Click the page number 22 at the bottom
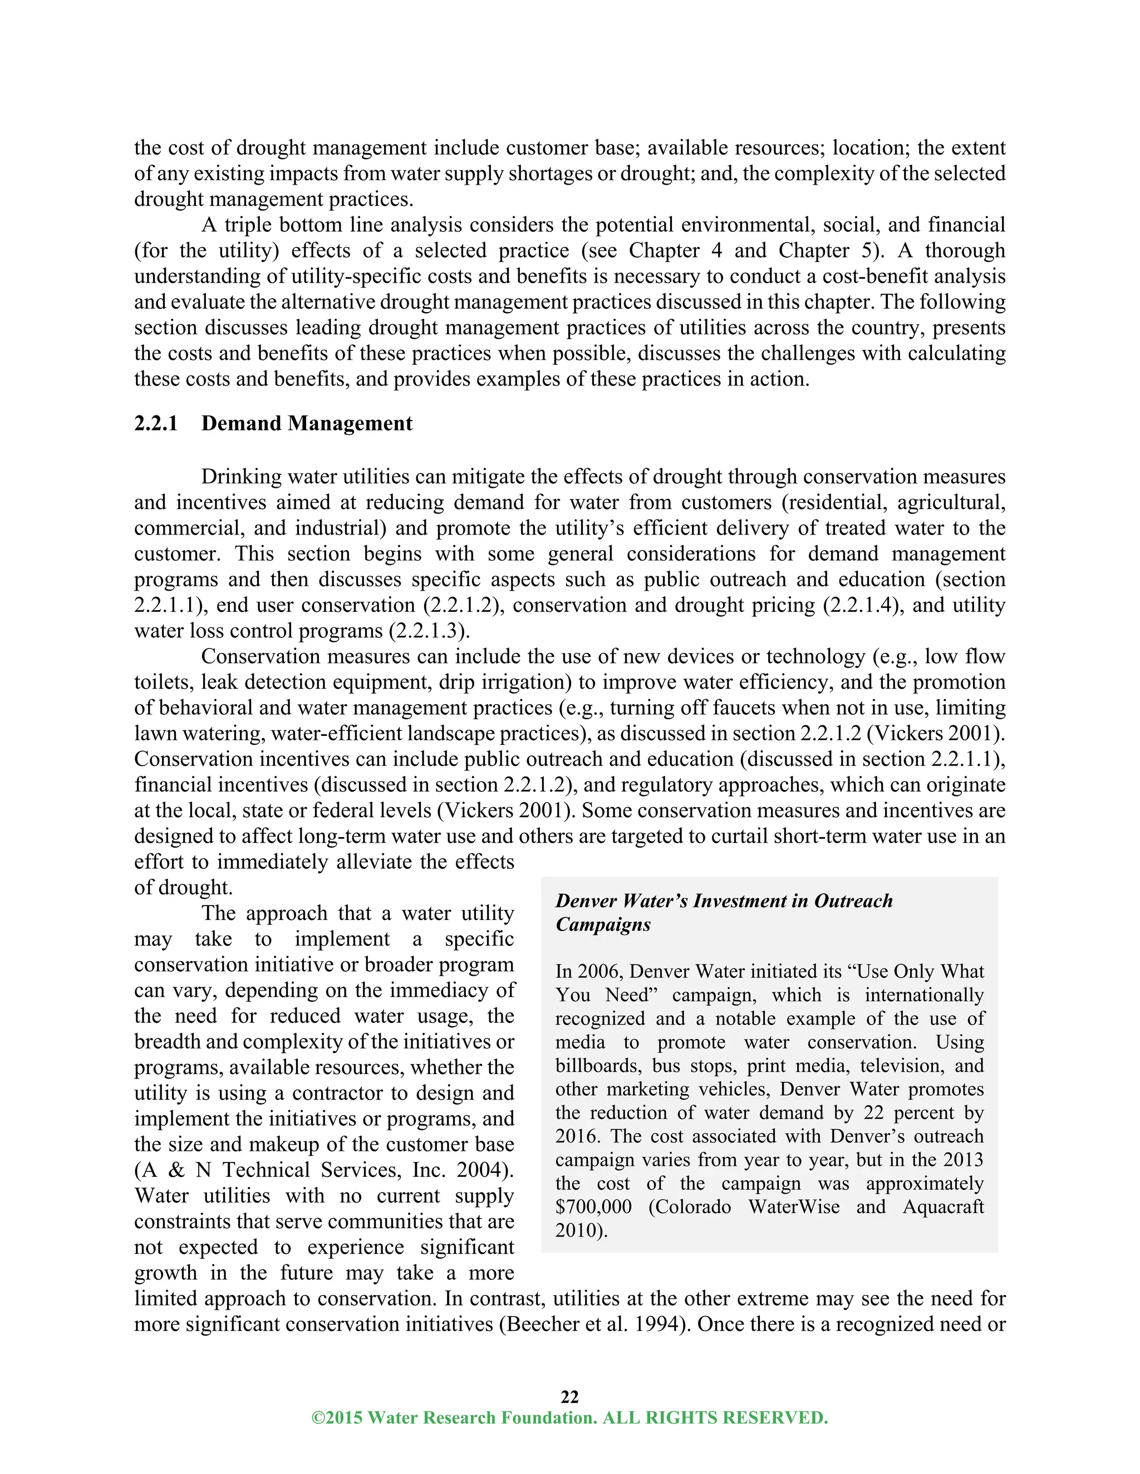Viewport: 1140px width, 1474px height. [569, 1396]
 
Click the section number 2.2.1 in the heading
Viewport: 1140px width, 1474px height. [156, 424]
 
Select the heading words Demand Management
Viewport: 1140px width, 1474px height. [307, 424]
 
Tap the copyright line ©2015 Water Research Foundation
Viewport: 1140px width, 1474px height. [569, 1417]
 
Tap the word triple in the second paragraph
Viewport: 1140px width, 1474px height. [248, 225]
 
